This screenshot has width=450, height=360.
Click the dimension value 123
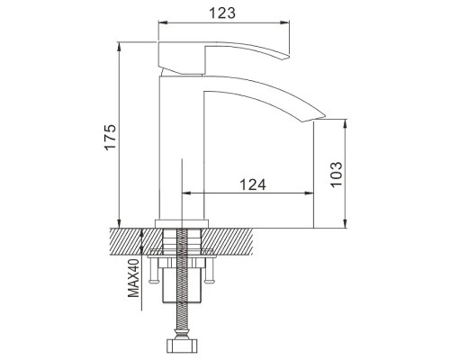tap(222, 13)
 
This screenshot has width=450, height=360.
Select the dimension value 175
tap(110, 137)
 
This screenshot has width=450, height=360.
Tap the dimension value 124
tap(253, 184)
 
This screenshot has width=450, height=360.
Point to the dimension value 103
tap(337, 174)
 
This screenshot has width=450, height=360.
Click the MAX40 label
tap(133, 278)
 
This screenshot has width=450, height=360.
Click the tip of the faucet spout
tap(325, 115)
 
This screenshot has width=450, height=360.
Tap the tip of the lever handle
tap(289, 56)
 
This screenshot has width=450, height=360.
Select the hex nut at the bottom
tap(182, 346)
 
